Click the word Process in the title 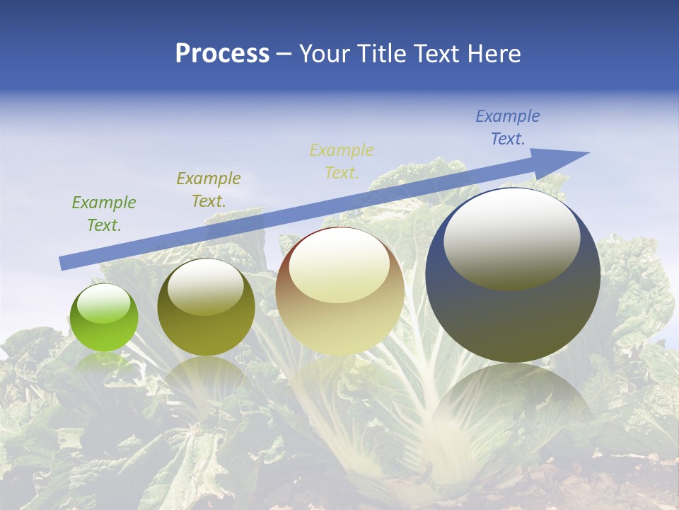[x=222, y=54]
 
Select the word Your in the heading [x=326, y=54]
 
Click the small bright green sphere [x=104, y=318]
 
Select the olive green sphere [x=206, y=307]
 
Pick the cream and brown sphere [x=339, y=291]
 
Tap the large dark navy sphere [x=513, y=276]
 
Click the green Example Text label [x=104, y=214]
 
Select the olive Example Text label [x=209, y=190]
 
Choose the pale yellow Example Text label [x=342, y=161]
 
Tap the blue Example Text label [x=508, y=127]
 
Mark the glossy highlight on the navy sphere [x=511, y=239]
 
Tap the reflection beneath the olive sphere [x=206, y=375]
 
